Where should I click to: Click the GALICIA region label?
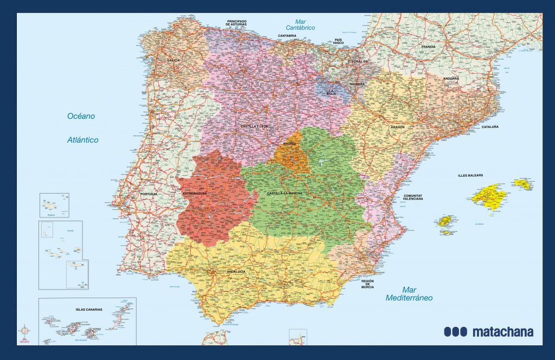173,60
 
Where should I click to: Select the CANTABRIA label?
287,36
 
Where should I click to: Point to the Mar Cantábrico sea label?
301,24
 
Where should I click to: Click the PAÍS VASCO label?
339,41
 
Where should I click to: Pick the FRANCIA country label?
428,47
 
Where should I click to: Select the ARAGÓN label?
397,127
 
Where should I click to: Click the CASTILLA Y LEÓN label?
255,126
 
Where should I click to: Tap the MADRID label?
289,144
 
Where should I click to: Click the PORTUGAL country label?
149,194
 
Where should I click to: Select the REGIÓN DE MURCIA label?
367,284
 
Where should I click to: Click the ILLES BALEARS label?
470,175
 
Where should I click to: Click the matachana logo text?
488,332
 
